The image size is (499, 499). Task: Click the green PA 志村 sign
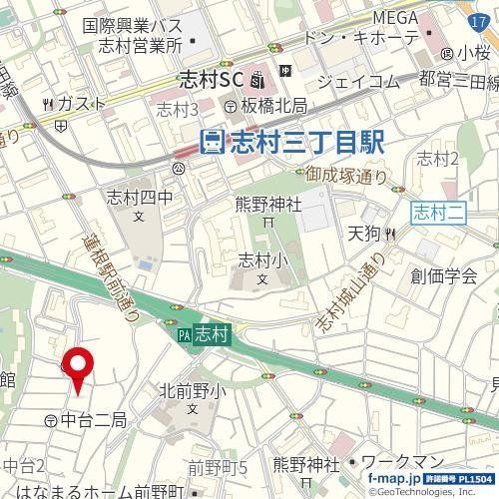(205, 337)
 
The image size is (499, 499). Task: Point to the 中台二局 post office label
(92, 421)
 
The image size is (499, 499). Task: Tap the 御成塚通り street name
(347, 178)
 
